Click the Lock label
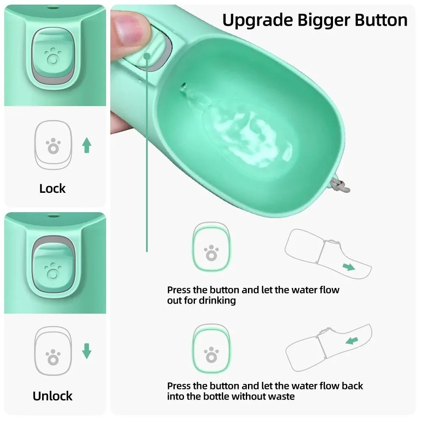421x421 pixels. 53,188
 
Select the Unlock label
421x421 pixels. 53,396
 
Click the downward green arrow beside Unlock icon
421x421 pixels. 87,351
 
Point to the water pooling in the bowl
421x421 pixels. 248,135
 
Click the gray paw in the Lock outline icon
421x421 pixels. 53,146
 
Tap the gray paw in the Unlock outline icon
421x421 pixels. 53,357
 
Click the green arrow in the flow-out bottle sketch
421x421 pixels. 348,266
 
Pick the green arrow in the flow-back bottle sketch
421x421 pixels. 352,340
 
